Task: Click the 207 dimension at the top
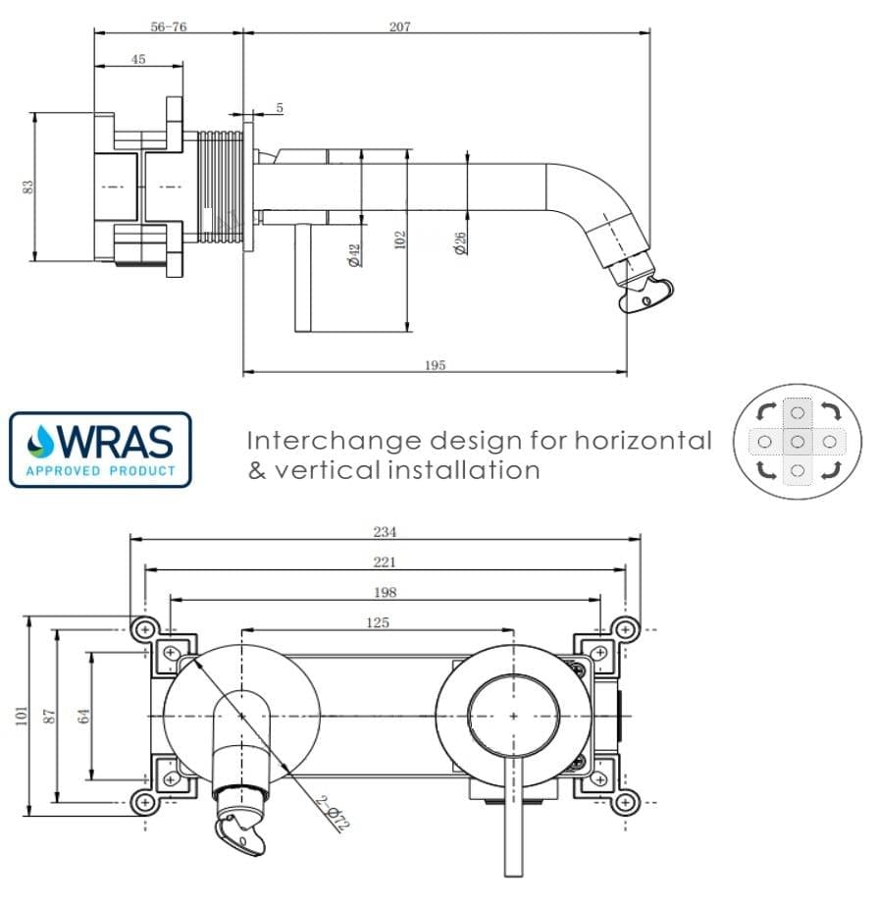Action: coord(399,27)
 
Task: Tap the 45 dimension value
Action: coord(137,60)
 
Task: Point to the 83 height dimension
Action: coord(28,186)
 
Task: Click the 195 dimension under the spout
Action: coord(436,365)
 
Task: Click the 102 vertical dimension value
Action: coord(399,239)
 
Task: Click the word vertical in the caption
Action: coord(327,470)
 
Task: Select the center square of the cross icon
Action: coord(798,443)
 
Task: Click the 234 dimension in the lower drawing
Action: coord(385,532)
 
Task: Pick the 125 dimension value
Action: coord(378,622)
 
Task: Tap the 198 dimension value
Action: coord(385,593)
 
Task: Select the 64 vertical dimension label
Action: coord(84,714)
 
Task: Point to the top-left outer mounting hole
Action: coord(145,628)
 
